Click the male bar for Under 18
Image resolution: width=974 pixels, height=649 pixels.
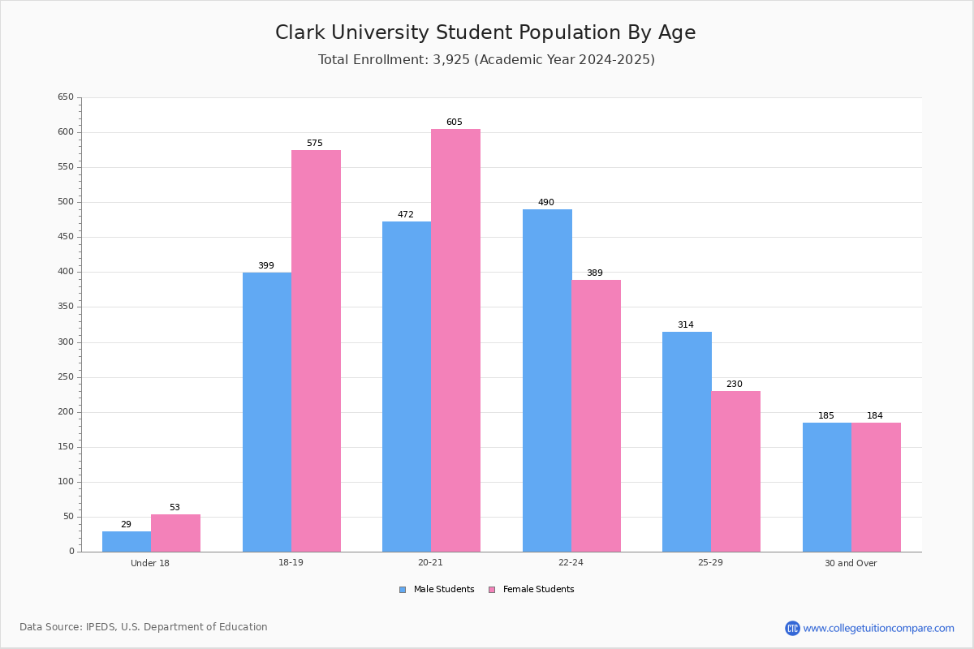coord(127,542)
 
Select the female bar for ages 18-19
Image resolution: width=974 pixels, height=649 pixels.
coord(316,351)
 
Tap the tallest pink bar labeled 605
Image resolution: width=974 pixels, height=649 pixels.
coord(455,341)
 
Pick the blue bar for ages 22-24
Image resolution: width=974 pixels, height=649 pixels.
coord(547,380)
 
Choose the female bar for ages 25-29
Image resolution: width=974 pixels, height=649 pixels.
coord(735,471)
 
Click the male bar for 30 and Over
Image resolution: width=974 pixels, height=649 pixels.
coord(827,488)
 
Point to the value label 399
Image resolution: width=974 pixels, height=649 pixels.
coord(266,265)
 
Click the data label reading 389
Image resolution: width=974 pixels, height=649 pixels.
coord(595,273)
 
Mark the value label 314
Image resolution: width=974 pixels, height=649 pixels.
coord(686,324)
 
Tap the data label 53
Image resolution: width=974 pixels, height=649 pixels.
coord(175,507)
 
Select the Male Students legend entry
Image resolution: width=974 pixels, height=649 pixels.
coord(437,590)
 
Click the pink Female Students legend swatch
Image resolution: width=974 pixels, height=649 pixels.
coord(492,590)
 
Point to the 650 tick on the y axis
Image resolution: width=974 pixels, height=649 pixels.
coord(66,97)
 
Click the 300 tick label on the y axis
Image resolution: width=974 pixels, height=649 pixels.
coord(66,342)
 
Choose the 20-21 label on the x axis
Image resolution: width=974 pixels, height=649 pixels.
coord(430,562)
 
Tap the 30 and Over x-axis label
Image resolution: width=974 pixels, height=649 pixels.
coord(851,563)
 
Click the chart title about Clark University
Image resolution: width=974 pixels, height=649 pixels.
coord(485,32)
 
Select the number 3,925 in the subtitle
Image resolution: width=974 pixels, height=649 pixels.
coord(451,59)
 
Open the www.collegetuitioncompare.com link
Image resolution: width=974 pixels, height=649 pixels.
coord(878,629)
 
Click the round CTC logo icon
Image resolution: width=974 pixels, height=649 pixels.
coord(792,628)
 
